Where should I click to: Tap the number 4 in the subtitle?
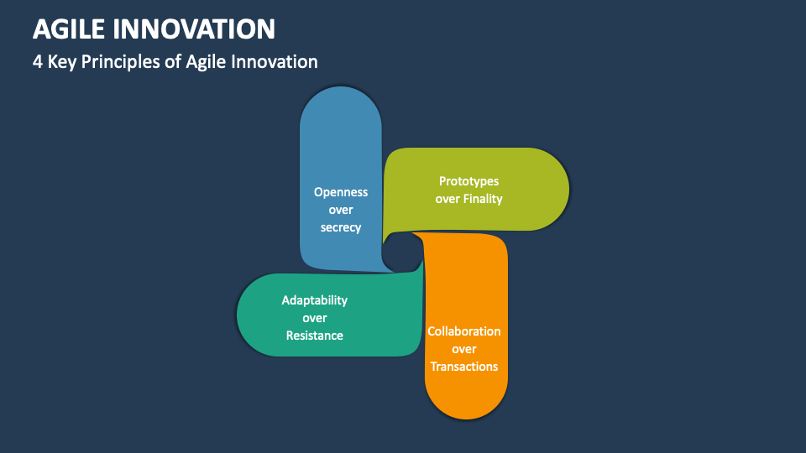[x=38, y=62]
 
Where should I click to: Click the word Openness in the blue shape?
[x=341, y=192]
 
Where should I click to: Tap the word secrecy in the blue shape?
[x=341, y=227]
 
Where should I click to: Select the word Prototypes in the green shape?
[x=468, y=181]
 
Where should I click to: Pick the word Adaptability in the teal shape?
[x=314, y=300]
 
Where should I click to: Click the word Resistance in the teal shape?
[x=314, y=336]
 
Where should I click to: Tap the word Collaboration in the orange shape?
[x=464, y=331]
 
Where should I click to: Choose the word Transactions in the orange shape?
[x=464, y=367]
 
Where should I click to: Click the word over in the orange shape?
[x=464, y=349]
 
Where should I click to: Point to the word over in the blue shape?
[x=341, y=210]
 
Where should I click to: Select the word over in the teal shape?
[x=314, y=318]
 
